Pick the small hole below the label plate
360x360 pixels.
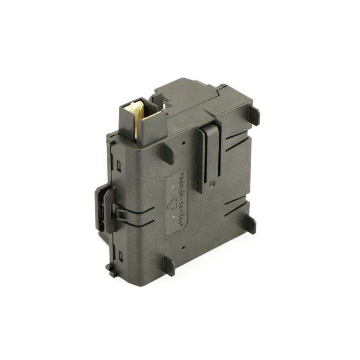[184, 247]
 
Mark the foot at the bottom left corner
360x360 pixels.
[111, 269]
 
